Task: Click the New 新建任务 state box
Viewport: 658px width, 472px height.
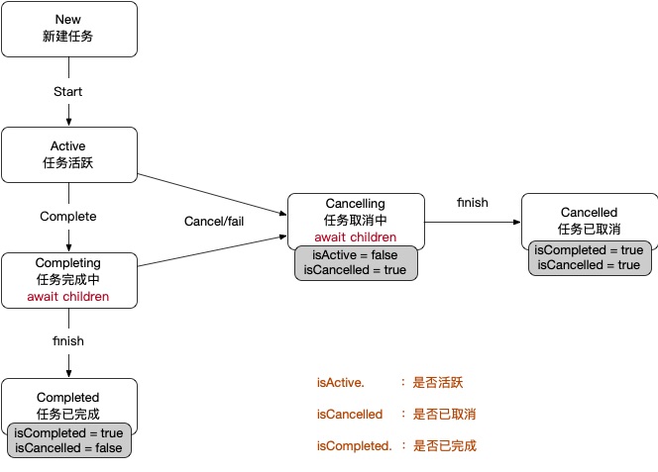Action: [68, 28]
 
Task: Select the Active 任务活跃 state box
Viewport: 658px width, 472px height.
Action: [68, 154]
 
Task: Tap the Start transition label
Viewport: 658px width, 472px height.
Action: [67, 92]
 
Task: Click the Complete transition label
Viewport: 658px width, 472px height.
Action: [67, 216]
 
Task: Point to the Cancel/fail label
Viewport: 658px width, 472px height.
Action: [214, 221]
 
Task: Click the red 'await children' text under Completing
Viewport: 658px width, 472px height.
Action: [68, 296]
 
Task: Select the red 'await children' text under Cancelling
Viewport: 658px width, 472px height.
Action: [355, 237]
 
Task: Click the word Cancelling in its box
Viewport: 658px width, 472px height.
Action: [355, 203]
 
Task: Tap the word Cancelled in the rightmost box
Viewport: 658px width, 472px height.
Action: [589, 212]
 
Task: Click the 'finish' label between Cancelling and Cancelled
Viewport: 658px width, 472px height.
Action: [473, 203]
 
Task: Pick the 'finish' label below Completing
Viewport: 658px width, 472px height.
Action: [68, 340]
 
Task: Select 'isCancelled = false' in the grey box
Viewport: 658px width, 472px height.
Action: [68, 448]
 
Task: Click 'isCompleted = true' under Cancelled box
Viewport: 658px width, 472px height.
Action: [589, 250]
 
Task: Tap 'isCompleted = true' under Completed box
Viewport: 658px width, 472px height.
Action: [68, 433]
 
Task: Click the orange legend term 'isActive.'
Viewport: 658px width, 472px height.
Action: [341, 381]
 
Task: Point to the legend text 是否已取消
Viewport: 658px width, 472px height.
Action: [445, 414]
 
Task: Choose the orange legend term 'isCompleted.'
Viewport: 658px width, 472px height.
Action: [355, 446]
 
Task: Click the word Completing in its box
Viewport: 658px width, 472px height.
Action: [68, 263]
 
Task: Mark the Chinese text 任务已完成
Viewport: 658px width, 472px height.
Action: [68, 414]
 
